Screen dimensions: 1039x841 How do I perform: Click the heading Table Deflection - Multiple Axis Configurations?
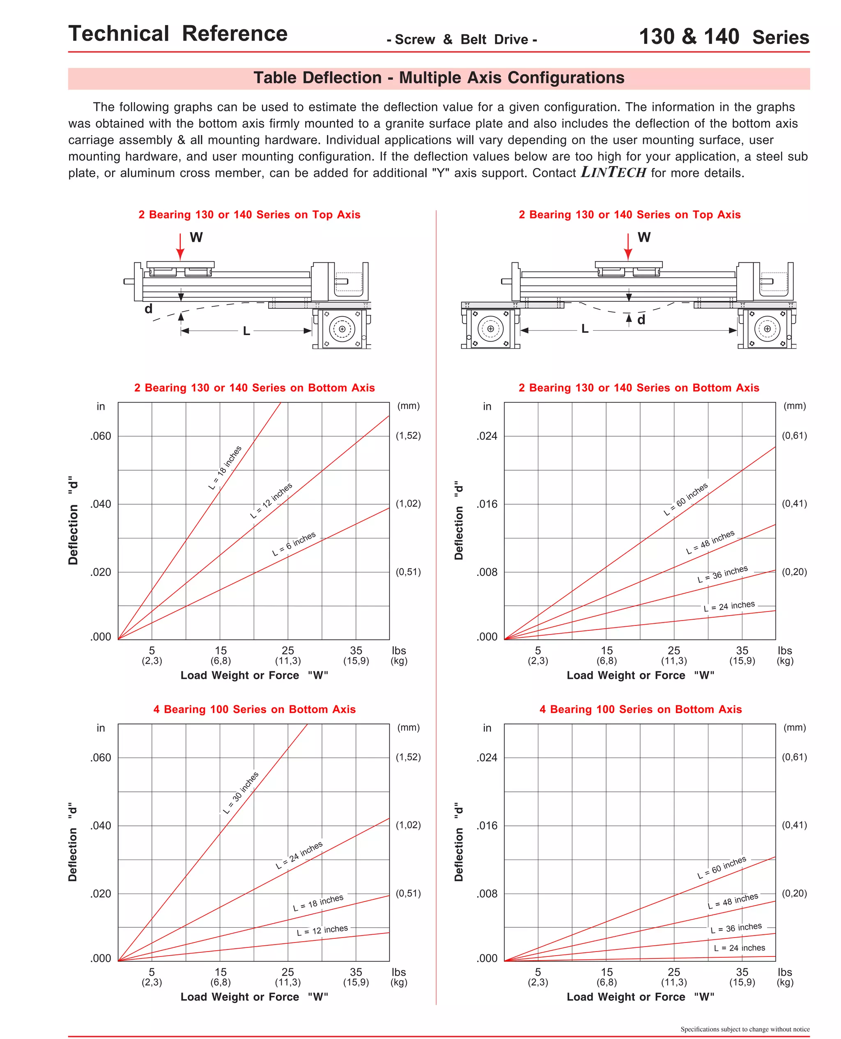[x=439, y=78]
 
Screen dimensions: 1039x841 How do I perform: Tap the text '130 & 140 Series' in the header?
[x=724, y=37]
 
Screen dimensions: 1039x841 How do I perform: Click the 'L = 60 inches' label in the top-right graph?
[x=685, y=499]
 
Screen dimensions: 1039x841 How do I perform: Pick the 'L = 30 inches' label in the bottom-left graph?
[x=241, y=793]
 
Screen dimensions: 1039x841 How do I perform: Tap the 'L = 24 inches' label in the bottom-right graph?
[x=739, y=948]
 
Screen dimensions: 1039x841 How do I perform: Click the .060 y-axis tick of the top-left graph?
[x=101, y=436]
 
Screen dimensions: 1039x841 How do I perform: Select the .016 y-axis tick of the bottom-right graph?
[x=487, y=825]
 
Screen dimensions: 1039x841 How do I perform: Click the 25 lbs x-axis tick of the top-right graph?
[x=674, y=651]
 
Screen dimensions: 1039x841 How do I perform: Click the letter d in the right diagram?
[x=641, y=320]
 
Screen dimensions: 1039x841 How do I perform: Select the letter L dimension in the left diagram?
[x=246, y=331]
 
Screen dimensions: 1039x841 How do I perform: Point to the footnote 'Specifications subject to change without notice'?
[x=744, y=1029]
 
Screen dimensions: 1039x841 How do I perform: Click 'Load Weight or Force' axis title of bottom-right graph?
[x=626, y=997]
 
